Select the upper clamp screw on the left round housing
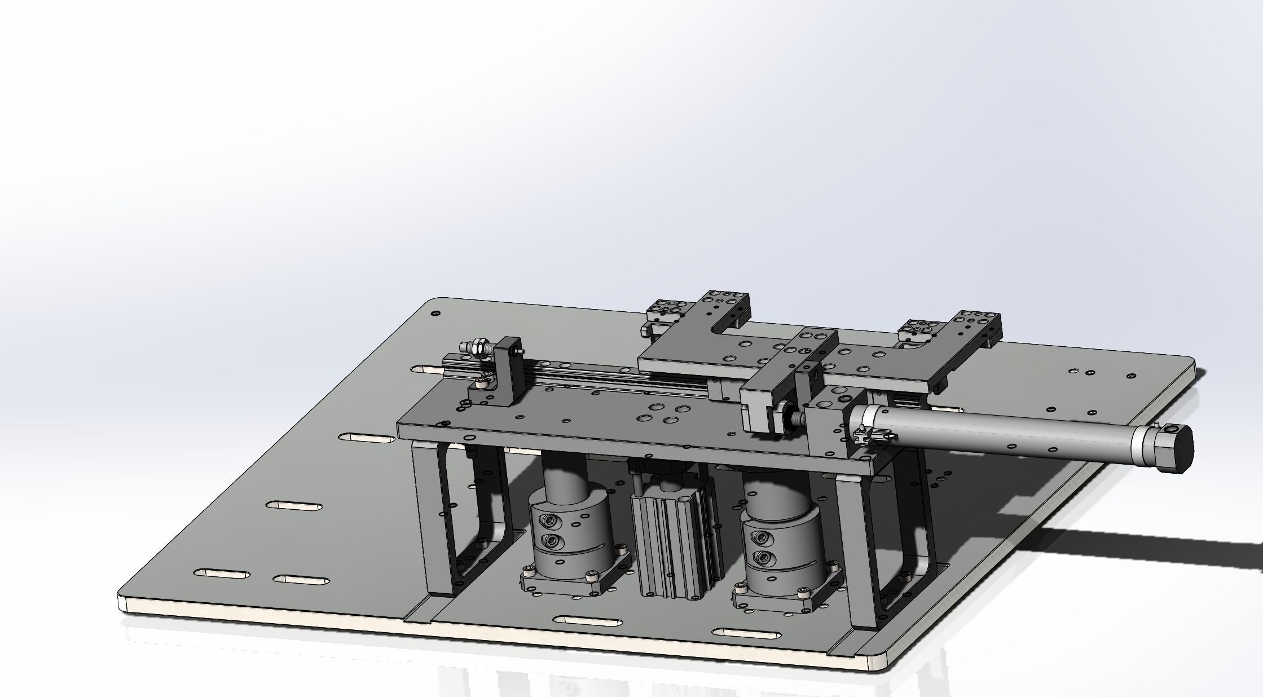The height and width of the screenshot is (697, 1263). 550,520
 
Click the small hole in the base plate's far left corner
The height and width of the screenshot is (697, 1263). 434,313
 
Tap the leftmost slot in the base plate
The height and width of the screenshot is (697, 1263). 222,574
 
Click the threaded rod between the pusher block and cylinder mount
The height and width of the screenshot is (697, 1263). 798,418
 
